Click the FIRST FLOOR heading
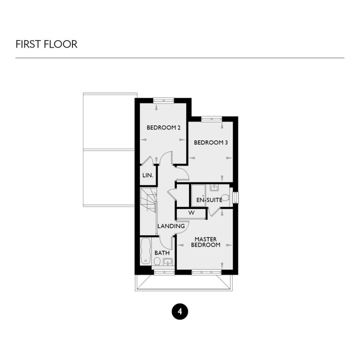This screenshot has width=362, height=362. click(x=46, y=44)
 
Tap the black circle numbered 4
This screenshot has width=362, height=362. click(x=180, y=311)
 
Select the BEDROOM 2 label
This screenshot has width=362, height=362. click(x=163, y=127)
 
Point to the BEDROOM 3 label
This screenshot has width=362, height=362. click(x=211, y=143)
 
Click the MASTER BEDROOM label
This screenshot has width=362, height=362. click(x=205, y=242)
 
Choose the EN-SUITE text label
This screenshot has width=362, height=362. click(x=209, y=199)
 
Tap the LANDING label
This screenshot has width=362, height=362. click(x=171, y=226)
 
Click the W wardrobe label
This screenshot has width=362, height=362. click(x=191, y=213)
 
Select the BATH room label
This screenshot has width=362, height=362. click(x=162, y=253)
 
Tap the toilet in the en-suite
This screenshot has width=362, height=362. click(x=225, y=198)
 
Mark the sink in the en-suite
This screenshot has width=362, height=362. click(x=214, y=188)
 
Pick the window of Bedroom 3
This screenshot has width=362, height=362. click(x=211, y=118)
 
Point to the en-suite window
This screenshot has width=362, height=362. click(x=236, y=197)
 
